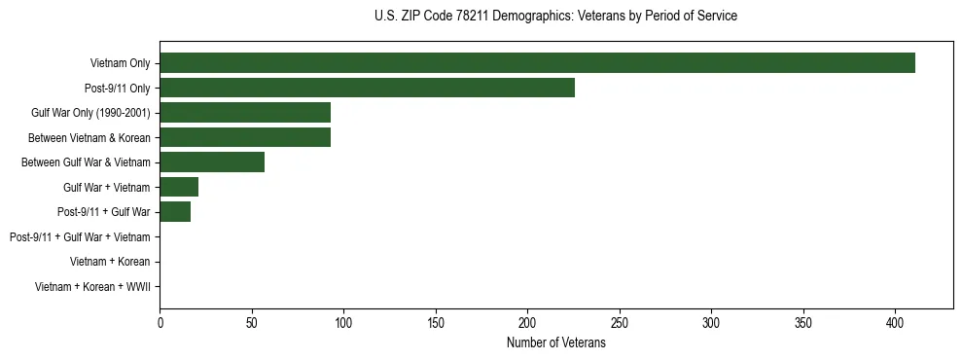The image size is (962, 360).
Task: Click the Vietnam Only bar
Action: pos(537,63)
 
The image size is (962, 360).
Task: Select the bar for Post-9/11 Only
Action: pos(367,88)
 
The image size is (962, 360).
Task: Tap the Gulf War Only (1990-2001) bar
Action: pos(245,113)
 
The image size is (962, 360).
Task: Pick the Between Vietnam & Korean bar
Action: pos(245,137)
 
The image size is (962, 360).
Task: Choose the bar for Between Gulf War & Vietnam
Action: pos(212,162)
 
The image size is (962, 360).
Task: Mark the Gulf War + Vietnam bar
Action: pos(179,187)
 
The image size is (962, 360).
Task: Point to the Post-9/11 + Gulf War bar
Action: pos(175,211)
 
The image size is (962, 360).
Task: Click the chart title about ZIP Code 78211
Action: pos(555,17)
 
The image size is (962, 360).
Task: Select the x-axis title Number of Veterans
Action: pos(555,343)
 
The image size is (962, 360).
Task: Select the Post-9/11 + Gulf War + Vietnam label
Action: pos(80,236)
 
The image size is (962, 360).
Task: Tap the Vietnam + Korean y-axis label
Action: pos(110,261)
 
